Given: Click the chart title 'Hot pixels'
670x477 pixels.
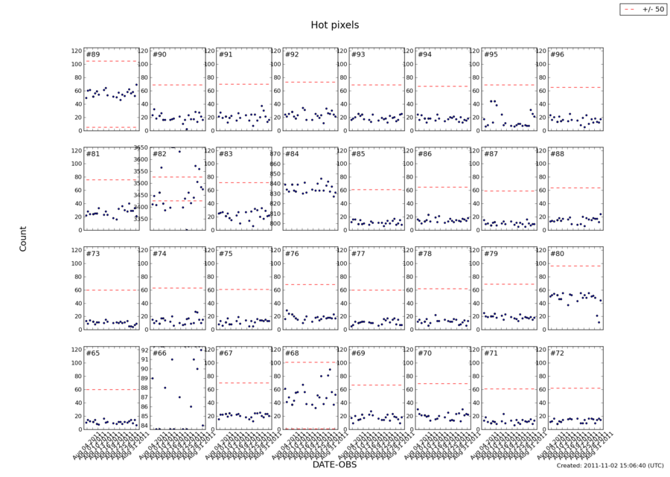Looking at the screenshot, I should (x=334, y=25).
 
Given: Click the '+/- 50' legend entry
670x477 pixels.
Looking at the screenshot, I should (x=639, y=9).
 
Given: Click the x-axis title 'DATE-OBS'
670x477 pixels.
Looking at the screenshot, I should (x=334, y=464).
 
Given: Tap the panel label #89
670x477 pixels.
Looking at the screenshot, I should (x=93, y=55).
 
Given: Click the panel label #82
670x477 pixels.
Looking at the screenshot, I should (x=159, y=154).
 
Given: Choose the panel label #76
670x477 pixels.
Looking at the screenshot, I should (x=291, y=254).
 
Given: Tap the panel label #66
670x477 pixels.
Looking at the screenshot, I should (x=159, y=353).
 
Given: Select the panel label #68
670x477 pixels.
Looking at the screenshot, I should (x=291, y=353).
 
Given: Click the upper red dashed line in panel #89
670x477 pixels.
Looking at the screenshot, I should (x=112, y=61).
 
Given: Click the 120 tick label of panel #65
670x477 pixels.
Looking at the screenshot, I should (x=76, y=349).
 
